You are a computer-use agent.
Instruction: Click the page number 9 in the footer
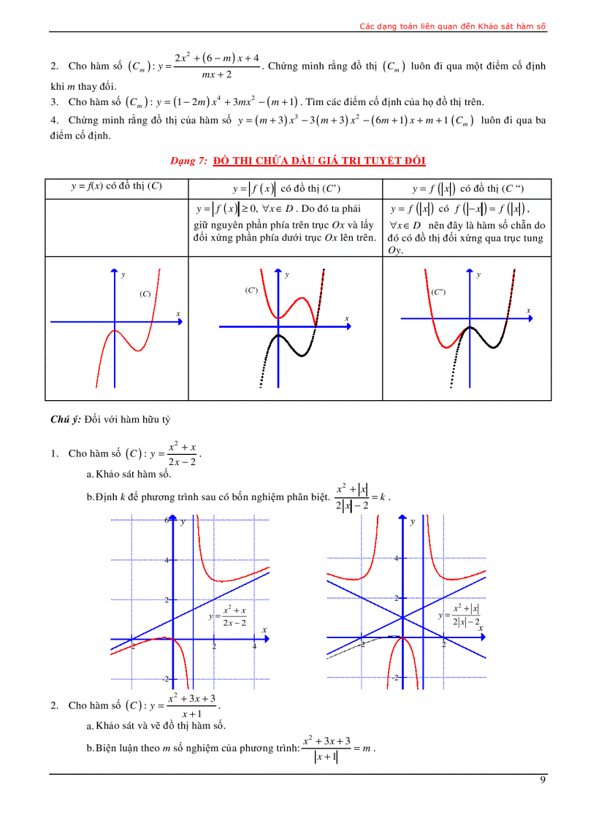click(542, 780)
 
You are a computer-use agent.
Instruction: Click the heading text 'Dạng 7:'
click(189, 161)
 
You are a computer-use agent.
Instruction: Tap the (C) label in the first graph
click(145, 294)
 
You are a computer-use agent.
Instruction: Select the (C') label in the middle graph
click(251, 290)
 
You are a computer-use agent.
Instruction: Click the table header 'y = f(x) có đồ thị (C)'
click(116, 186)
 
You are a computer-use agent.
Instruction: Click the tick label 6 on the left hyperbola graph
click(167, 521)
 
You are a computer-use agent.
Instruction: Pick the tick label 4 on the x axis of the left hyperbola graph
click(254, 647)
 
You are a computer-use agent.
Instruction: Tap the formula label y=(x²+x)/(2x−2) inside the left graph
click(229, 616)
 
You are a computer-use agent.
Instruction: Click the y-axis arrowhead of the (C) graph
click(114, 272)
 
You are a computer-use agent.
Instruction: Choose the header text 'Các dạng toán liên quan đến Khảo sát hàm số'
click(453, 26)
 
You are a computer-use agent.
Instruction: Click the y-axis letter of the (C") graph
click(478, 275)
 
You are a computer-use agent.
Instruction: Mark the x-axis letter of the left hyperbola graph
click(264, 629)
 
